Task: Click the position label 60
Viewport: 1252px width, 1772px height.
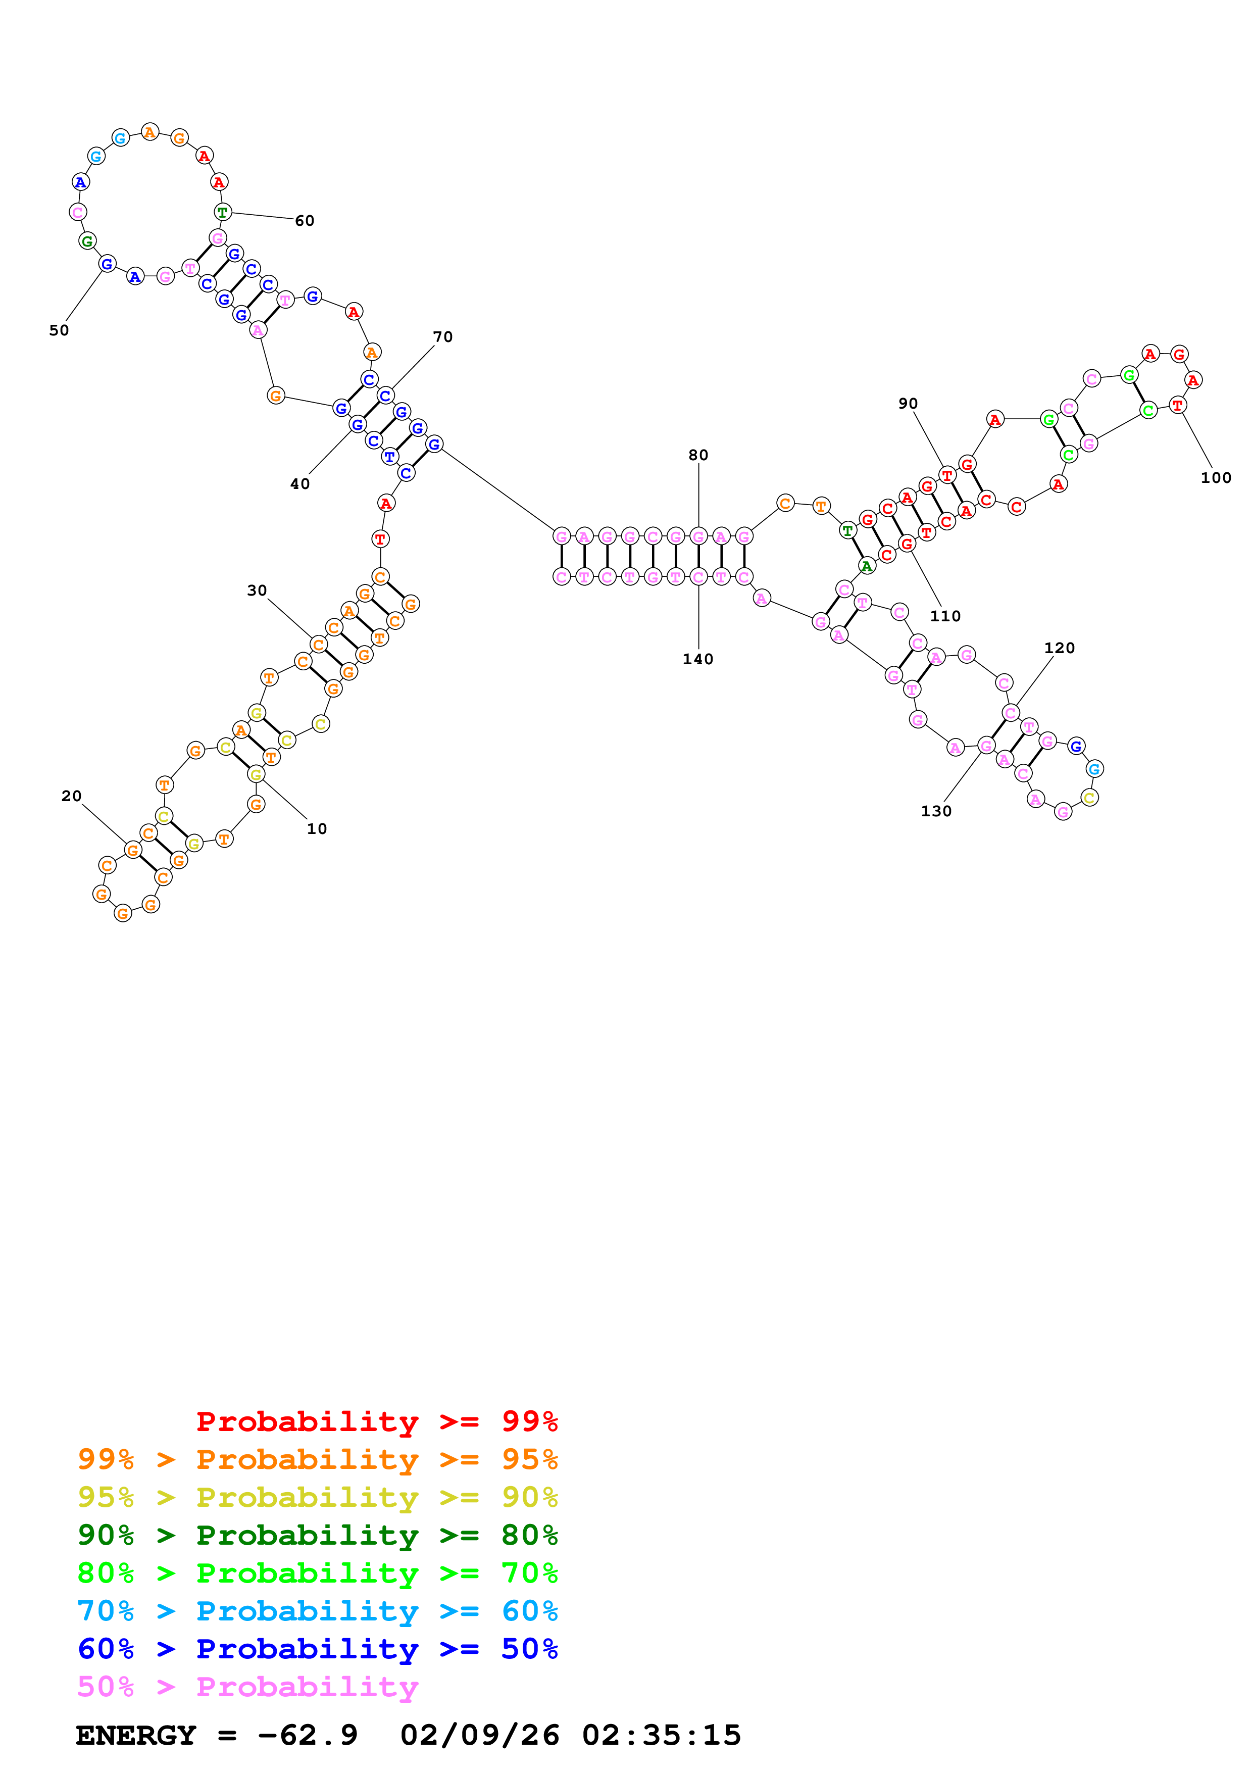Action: point(305,221)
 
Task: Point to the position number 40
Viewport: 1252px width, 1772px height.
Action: point(300,484)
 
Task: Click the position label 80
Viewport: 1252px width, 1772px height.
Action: point(698,455)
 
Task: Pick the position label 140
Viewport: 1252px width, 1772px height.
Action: point(698,659)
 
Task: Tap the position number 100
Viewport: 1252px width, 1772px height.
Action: point(1216,478)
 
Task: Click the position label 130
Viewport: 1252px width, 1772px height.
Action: point(936,811)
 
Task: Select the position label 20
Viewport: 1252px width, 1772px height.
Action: point(72,796)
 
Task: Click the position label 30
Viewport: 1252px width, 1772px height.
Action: point(257,590)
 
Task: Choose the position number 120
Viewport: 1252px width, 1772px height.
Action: point(1059,648)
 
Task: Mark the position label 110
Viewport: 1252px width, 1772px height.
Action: point(945,616)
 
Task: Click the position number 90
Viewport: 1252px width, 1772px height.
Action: point(908,404)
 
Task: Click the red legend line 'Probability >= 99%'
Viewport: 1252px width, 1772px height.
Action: point(376,1421)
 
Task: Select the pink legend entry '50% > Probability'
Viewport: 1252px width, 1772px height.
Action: point(247,1687)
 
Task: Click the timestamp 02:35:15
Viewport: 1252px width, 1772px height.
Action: point(661,1736)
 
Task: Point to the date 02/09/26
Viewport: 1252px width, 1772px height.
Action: point(479,1736)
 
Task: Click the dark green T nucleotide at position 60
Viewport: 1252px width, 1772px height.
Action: point(222,212)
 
